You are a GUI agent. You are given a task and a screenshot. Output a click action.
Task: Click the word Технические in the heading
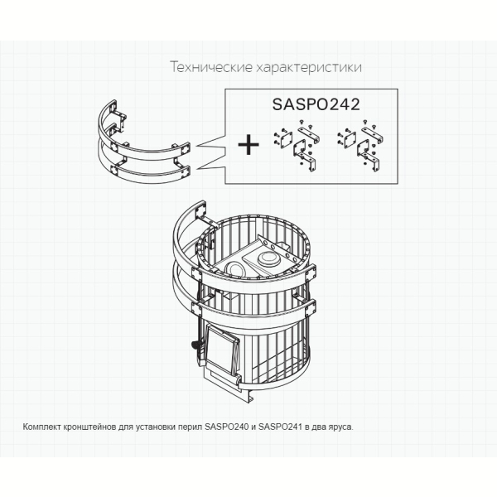tap(211, 67)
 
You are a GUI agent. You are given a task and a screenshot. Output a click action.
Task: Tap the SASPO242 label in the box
tap(316, 104)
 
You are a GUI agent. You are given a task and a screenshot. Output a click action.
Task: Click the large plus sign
tap(248, 144)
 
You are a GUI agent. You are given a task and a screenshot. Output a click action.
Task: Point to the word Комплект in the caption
tap(42, 427)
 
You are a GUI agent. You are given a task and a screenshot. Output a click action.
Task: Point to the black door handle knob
tap(195, 345)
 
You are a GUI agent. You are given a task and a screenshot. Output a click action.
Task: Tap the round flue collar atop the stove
tap(268, 259)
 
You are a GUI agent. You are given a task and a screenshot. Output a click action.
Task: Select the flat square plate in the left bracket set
tap(285, 140)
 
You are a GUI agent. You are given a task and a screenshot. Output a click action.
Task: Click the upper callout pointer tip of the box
tap(196, 146)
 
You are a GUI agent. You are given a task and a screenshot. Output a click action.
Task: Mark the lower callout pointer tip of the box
tap(196, 168)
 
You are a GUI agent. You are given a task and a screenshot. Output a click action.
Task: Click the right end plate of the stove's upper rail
tap(311, 273)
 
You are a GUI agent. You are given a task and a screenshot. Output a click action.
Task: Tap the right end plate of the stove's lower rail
tap(311, 307)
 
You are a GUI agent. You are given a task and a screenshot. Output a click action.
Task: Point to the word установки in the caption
tap(156, 427)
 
